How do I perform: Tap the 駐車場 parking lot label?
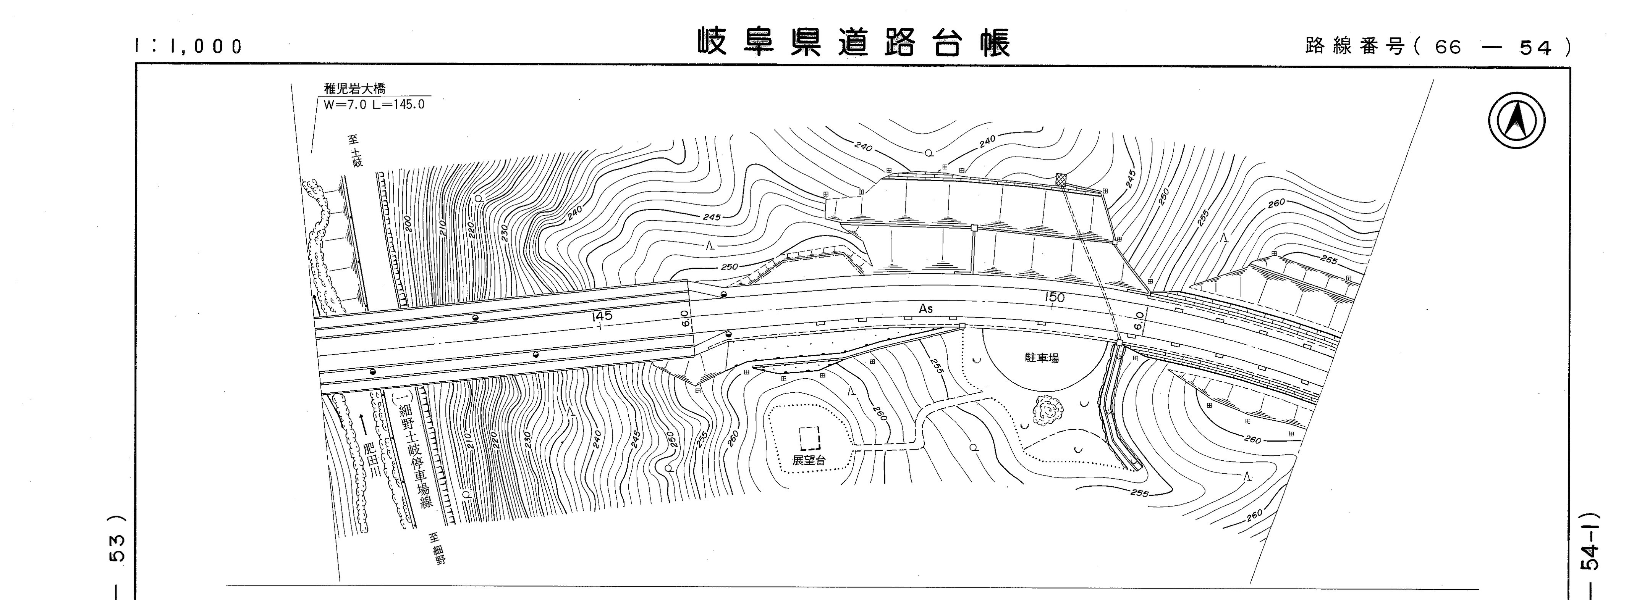click(x=1042, y=358)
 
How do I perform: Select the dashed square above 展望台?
click(x=809, y=438)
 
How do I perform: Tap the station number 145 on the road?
click(x=602, y=316)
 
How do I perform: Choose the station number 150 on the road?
click(x=1054, y=297)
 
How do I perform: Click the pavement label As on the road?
click(x=925, y=309)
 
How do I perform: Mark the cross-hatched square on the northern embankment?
click(x=1061, y=180)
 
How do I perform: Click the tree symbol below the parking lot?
click(x=1047, y=409)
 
